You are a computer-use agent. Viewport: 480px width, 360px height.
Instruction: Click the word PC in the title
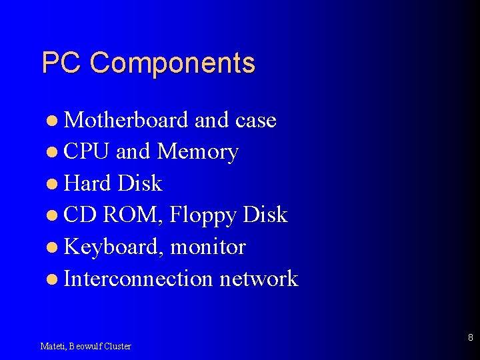61,63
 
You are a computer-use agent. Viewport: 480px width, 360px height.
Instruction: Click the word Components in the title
172,63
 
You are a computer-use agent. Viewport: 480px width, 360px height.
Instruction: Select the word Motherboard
127,120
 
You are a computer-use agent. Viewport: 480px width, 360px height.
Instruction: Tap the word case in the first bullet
255,120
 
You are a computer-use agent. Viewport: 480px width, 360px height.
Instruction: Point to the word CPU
86,152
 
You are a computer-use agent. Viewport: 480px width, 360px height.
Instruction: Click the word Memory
197,152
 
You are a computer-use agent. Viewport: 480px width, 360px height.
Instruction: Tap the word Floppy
203,215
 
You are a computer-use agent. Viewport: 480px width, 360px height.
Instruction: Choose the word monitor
208,247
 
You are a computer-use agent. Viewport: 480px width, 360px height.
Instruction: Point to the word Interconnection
138,279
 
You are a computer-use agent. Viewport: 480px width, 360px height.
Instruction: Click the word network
259,279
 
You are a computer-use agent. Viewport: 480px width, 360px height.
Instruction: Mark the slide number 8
470,338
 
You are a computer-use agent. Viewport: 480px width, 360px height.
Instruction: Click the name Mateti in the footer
52,346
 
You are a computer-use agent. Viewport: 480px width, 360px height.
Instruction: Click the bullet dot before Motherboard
53,121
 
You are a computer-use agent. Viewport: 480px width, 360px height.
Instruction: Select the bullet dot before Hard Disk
53,184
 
